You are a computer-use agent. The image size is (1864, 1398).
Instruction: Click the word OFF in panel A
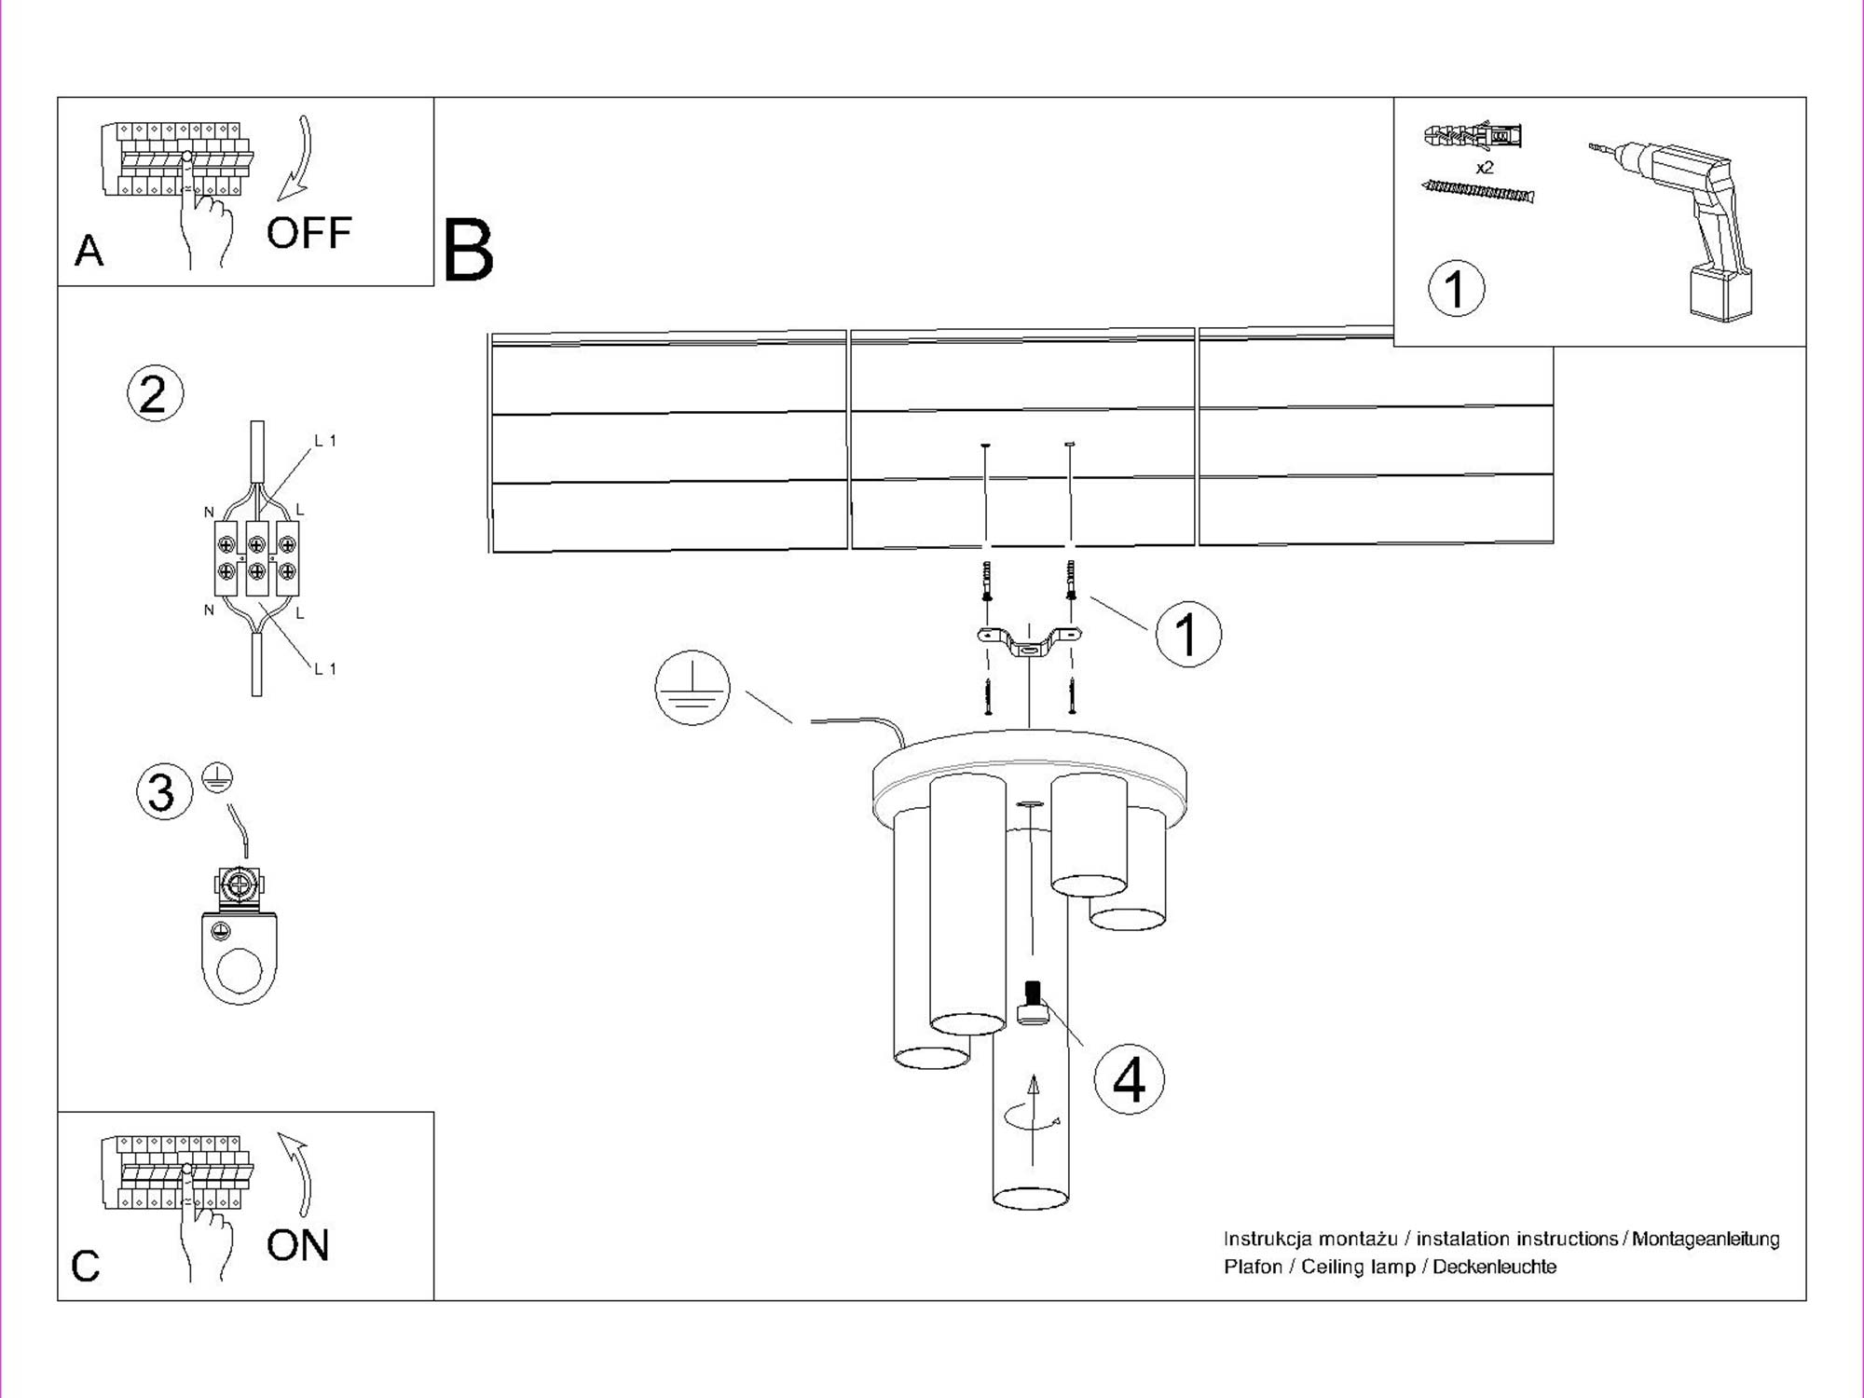click(x=308, y=233)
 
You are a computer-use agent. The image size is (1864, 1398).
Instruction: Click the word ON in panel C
click(x=297, y=1245)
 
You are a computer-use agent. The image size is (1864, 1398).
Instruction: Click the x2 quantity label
click(x=1485, y=168)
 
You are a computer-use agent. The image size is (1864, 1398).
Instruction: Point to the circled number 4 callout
click(x=1129, y=1080)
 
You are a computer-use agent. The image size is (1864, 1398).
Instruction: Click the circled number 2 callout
click(x=155, y=393)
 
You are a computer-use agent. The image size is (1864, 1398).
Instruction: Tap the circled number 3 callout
click(x=163, y=791)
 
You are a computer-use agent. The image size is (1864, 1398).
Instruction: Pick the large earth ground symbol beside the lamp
click(x=692, y=688)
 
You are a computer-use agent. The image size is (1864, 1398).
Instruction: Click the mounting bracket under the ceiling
click(x=1029, y=641)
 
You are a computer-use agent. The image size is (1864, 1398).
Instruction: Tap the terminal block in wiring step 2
click(x=256, y=557)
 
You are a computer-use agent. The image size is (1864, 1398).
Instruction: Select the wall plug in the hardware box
click(x=1473, y=137)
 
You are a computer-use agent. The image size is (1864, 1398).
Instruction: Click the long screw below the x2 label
click(x=1478, y=192)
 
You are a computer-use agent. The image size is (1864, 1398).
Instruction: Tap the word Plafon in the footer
click(x=1253, y=1267)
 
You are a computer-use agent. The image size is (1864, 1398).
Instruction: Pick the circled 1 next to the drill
click(x=1456, y=288)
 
